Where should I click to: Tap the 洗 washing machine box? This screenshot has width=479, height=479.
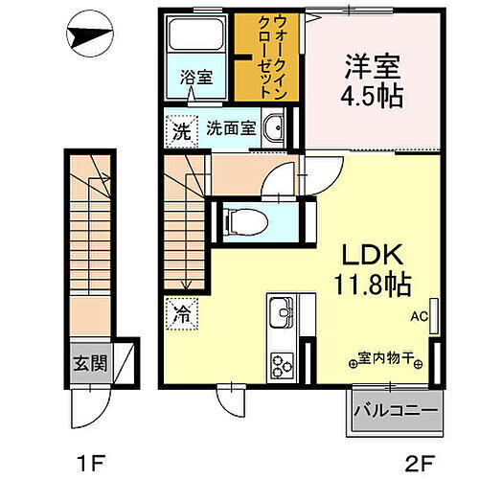pos(180,127)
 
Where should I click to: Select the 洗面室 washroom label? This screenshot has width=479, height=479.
pos(230,127)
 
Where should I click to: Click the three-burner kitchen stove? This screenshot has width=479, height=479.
pos(282,365)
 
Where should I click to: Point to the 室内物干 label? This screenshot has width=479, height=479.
pos(385,360)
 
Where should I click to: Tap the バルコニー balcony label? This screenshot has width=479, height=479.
pos(396,412)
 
